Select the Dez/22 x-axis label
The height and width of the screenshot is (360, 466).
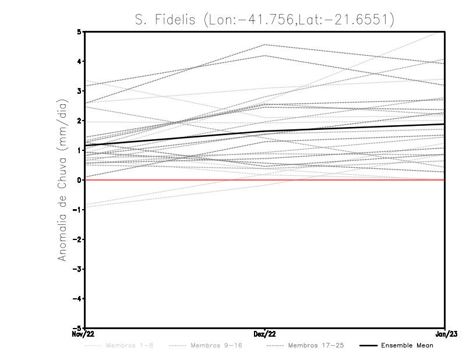tap(264, 334)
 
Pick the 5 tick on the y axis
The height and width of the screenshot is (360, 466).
tap(79, 31)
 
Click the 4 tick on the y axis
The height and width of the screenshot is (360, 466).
tap(79, 61)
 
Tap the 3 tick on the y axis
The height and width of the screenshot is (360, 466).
tap(79, 91)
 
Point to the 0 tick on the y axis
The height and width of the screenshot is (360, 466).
tap(79, 180)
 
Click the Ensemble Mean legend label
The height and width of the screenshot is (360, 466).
tap(407, 345)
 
